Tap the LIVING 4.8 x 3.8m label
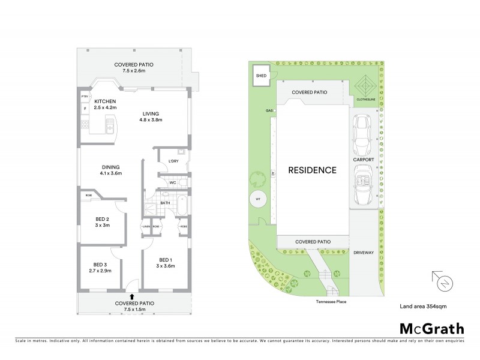[x=152, y=116]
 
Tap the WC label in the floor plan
[x=172, y=182]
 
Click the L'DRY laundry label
[x=174, y=161]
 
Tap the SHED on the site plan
[x=260, y=76]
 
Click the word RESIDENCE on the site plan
[x=312, y=170]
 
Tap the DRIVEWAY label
[x=364, y=253]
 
